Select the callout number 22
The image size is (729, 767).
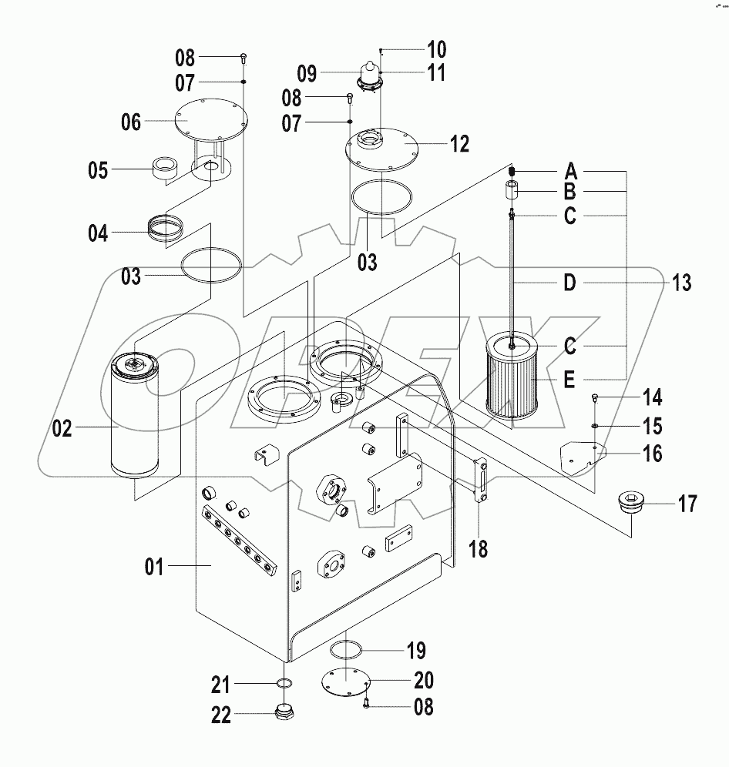[x=221, y=715]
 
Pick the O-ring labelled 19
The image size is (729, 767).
[x=345, y=651]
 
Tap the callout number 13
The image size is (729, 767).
[x=680, y=283]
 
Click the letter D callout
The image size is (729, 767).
[x=569, y=283]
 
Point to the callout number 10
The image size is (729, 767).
[x=436, y=51]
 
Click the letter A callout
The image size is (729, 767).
[x=570, y=170]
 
